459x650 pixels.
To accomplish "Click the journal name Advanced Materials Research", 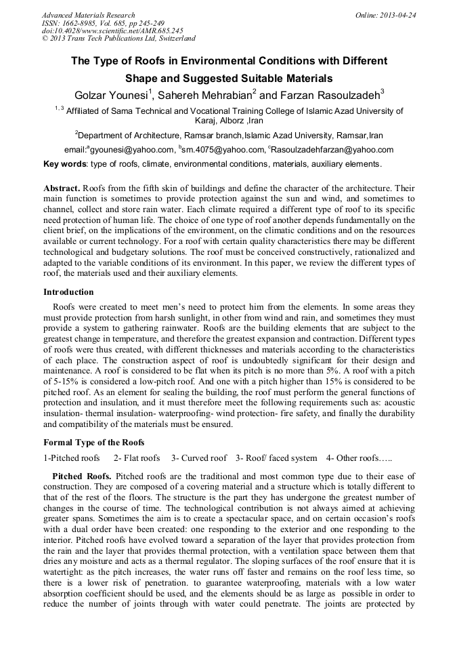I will point(88,15).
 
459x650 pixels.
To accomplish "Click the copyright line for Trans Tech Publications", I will point(118,39).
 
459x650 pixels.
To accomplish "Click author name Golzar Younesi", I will point(111,94).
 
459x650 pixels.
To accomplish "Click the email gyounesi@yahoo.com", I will point(131,150).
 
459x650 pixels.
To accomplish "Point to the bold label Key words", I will point(65,164).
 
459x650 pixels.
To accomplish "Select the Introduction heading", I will point(68,292).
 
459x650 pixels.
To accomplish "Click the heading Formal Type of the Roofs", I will point(93,443).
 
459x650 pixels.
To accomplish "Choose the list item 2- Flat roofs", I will point(137,458).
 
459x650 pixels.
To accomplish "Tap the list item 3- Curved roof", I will point(199,458).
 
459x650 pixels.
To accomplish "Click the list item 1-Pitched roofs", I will point(72,458).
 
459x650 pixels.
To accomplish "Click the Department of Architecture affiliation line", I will point(229,135).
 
